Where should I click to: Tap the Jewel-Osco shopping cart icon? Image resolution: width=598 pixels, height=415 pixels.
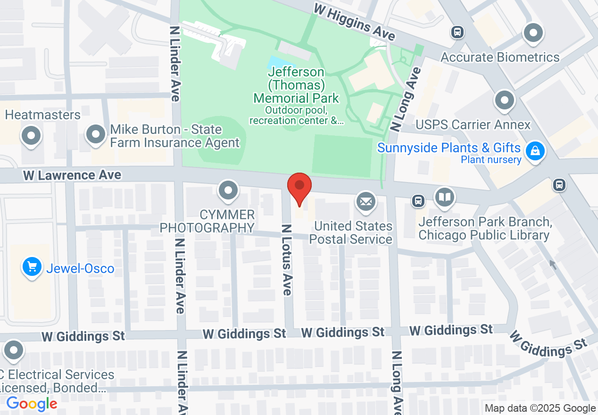click(x=32, y=267)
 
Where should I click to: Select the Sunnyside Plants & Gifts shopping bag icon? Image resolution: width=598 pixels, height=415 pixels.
click(x=535, y=151)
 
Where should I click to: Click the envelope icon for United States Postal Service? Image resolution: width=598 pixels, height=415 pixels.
click(x=365, y=202)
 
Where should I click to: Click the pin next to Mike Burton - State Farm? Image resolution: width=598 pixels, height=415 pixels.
click(x=96, y=134)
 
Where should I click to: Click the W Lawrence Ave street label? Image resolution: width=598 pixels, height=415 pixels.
click(x=72, y=175)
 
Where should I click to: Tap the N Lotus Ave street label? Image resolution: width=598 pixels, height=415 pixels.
click(x=287, y=259)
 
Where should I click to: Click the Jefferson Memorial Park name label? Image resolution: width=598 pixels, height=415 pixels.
click(x=296, y=85)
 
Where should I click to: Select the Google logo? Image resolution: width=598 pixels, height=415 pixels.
click(x=32, y=404)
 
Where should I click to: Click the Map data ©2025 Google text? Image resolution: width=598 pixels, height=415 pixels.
click(x=540, y=408)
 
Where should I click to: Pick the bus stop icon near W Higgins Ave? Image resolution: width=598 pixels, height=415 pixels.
click(x=457, y=32)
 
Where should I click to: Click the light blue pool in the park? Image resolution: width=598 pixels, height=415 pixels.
click(x=278, y=63)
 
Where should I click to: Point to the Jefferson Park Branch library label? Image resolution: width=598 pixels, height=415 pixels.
click(x=484, y=228)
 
